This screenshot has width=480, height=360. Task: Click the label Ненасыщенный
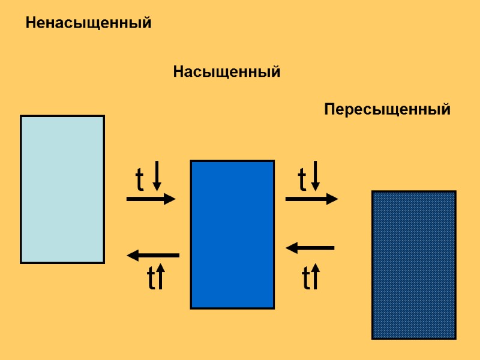point(88,24)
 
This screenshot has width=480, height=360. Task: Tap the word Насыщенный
point(227,73)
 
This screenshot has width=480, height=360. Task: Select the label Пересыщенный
point(387,110)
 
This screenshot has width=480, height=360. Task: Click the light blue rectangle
point(62,189)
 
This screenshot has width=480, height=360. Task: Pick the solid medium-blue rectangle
point(232,234)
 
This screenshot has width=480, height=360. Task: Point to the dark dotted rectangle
point(413,265)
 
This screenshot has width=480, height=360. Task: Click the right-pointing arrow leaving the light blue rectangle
point(151,199)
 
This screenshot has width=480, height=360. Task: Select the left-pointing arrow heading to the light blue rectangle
point(153,256)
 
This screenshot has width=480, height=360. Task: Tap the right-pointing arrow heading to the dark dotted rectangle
point(311,199)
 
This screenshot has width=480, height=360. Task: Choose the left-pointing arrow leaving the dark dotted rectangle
point(310,247)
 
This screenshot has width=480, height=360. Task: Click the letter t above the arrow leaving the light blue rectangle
point(140,179)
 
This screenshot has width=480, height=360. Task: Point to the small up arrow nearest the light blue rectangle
point(160,277)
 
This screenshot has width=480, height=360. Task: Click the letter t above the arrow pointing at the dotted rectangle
point(302,179)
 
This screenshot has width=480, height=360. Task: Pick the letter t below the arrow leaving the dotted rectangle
point(306,278)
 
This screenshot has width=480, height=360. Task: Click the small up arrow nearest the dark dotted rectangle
point(316,277)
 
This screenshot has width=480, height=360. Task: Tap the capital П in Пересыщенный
point(329,110)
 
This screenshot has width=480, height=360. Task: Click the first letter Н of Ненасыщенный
point(31,24)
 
